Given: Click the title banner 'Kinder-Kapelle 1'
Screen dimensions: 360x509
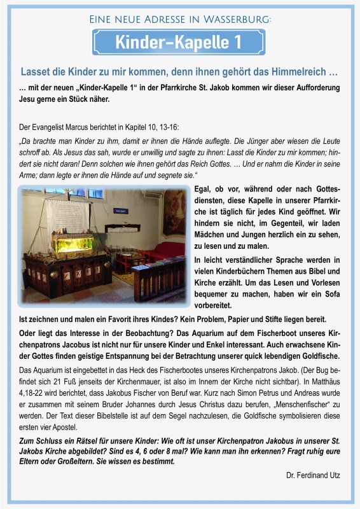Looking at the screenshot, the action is pos(179,42).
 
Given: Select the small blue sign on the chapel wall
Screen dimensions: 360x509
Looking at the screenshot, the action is pos(120,209).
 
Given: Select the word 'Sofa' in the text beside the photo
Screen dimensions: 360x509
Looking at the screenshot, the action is pos(329,294).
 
